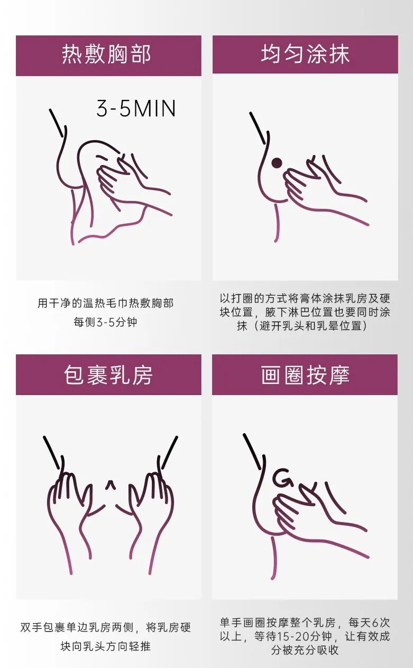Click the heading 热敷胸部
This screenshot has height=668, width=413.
tap(107, 55)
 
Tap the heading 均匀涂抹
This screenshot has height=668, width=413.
tap(305, 54)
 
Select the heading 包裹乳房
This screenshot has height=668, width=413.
tap(108, 375)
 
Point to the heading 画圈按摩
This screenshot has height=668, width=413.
tap(305, 375)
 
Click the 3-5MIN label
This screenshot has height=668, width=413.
tap(136, 108)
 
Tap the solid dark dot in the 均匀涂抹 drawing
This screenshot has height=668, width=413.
tap(276, 163)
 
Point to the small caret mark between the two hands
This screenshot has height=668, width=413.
tap(110, 484)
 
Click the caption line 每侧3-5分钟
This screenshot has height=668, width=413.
tap(105, 322)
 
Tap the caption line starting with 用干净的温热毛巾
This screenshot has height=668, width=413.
tap(105, 304)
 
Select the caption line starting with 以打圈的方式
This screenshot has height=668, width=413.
tap(305, 298)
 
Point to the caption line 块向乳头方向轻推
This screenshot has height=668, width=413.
tap(105, 646)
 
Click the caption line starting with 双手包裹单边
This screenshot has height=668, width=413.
tap(105, 628)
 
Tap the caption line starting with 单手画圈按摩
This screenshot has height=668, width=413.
tap(305, 623)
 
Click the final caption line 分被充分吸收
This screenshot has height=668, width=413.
tap(305, 650)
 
